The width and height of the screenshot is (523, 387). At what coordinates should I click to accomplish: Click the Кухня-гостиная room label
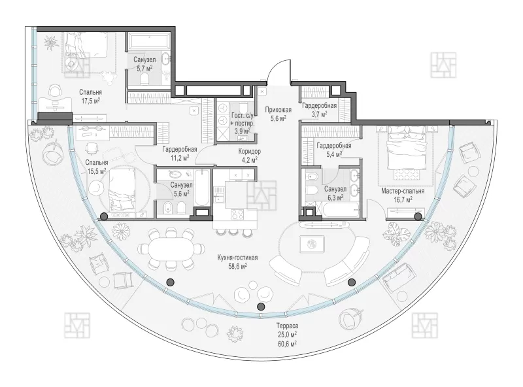point(237,258)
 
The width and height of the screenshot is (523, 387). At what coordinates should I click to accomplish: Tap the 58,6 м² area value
point(237,266)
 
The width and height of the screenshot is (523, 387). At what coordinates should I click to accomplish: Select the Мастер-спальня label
point(403,191)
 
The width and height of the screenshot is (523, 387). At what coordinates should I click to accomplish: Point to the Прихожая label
point(278,110)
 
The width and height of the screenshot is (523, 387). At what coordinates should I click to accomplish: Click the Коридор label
point(250,152)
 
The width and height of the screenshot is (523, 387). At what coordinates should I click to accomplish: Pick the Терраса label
point(287,326)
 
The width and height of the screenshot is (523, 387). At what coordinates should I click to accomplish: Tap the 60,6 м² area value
point(287,344)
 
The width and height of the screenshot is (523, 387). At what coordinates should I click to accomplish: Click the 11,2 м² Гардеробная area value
point(179,158)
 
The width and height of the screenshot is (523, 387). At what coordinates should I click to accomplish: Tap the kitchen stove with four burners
point(237,214)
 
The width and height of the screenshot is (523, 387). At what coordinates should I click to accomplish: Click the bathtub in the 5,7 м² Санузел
point(148,40)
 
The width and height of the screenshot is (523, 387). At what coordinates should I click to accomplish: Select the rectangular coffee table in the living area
point(312,244)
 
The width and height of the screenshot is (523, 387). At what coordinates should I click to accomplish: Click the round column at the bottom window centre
point(261,306)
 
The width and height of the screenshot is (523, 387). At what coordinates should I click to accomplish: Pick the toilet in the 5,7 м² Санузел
point(144,78)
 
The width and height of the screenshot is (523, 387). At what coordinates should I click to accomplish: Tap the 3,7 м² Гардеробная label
point(319,110)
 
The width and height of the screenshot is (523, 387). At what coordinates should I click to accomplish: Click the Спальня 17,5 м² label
point(90,96)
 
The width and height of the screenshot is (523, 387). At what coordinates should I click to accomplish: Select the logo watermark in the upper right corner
point(443,65)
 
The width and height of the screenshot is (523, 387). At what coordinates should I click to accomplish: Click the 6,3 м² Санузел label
point(335,193)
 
